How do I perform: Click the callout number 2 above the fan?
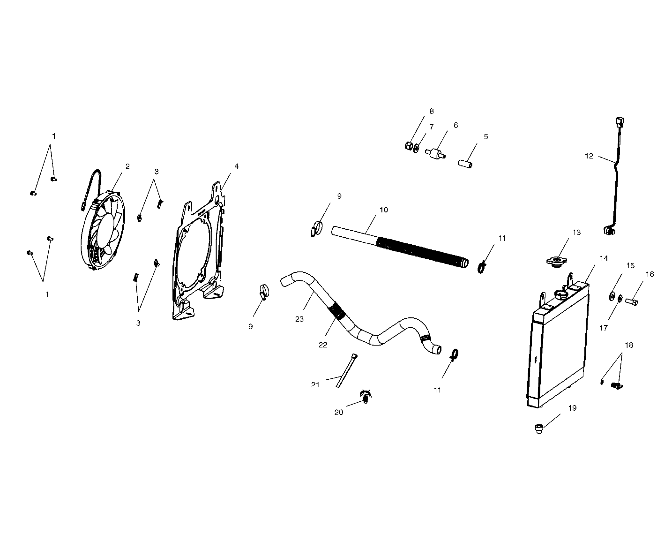[x=127, y=166]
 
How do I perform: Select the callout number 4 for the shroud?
[x=237, y=166]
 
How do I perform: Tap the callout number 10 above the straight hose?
[x=384, y=210]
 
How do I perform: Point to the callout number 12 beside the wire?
[x=589, y=156]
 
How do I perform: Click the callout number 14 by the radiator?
[x=604, y=258]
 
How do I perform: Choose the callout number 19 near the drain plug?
[x=572, y=408]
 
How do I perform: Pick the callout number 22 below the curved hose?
[x=323, y=345]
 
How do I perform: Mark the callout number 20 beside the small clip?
[x=338, y=413]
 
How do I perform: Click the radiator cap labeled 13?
[x=557, y=260]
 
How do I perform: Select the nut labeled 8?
[x=409, y=145]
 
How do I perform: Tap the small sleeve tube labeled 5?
[x=465, y=164]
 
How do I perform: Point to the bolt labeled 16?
[x=631, y=301]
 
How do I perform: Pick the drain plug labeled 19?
[x=539, y=429]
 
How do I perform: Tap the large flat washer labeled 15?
[x=611, y=296]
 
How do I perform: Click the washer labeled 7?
[x=416, y=148]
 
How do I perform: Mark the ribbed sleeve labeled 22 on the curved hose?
[x=336, y=310]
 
